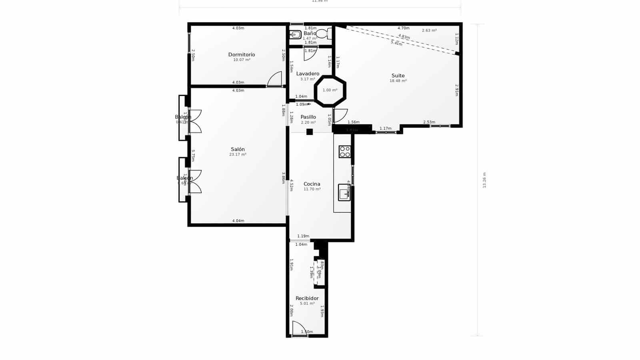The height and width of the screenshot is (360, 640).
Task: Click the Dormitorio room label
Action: point(242,55)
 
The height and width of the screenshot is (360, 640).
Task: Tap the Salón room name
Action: point(238,149)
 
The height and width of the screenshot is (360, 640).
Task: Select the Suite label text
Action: point(398,76)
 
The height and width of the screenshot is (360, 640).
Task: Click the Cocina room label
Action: point(312,184)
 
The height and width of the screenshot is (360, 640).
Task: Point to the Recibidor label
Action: point(307,298)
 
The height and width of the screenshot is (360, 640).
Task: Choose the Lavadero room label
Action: point(308,74)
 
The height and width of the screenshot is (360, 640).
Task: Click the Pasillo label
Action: point(308,117)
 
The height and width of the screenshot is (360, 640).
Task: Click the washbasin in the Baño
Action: point(295,35)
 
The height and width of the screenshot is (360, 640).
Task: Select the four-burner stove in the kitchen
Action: point(345,152)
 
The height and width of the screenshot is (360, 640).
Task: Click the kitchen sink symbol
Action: point(344,192)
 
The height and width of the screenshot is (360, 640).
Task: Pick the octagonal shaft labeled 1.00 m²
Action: point(330,90)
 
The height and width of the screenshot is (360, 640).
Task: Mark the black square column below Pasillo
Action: point(309,132)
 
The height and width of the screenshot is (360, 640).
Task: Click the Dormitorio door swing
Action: point(275,79)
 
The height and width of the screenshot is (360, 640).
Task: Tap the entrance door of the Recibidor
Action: point(299,329)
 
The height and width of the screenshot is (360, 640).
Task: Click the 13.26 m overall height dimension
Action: point(484,180)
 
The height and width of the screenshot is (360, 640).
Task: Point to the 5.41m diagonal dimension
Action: point(396,43)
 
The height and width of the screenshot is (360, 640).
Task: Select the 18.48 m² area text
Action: point(398,81)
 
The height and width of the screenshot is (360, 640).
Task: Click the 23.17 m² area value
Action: point(238,154)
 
